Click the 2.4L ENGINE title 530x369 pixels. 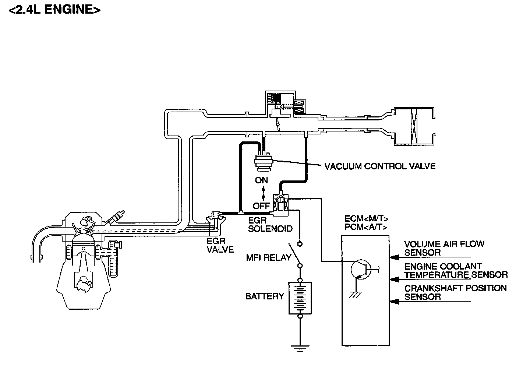click(54, 10)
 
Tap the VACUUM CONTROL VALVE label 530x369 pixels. click(380, 166)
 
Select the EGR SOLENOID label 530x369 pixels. click(270, 224)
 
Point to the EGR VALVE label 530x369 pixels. click(220, 245)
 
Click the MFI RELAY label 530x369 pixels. click(269, 257)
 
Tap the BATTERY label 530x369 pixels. click(265, 296)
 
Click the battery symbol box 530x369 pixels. click(300, 298)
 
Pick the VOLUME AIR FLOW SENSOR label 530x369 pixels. click(444, 248)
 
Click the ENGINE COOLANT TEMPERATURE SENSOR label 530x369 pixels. click(456, 271)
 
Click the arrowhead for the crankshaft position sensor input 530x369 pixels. click(394, 301)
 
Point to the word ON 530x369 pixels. click(261, 180)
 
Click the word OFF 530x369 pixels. click(261, 206)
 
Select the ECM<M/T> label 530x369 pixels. click(367, 218)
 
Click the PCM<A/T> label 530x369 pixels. click(366, 227)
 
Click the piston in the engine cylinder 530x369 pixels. click(83, 246)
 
